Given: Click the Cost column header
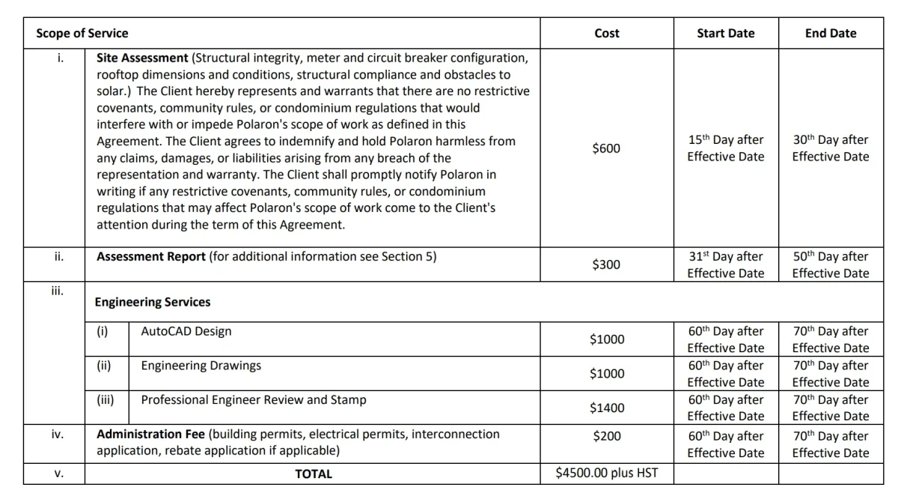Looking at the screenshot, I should coord(606,34).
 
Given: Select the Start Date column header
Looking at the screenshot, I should coord(725,34).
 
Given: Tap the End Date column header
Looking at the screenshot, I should coord(831,34).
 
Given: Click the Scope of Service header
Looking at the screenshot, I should coord(82,34).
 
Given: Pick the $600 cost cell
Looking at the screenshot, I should coord(606,148).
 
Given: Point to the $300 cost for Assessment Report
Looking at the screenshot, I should coord(606,264).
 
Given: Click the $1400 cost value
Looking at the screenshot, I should coord(606,408).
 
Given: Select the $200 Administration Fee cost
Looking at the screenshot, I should coord(606,436).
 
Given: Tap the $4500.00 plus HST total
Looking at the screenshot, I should coord(606,474).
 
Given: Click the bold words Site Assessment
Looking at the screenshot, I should coord(142,58).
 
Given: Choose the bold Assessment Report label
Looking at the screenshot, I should coord(151,256).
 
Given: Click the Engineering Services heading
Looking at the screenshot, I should coord(153,302).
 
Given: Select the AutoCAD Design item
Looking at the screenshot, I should coord(186,331).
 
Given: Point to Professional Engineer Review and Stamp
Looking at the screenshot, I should coord(254,400).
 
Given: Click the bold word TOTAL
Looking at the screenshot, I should coord(314,474).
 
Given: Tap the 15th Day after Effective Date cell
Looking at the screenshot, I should coord(726,148).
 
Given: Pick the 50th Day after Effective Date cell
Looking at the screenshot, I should coord(831,264).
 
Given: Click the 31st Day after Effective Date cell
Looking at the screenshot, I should coord(726,264).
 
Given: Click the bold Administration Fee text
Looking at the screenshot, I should coord(151,435).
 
